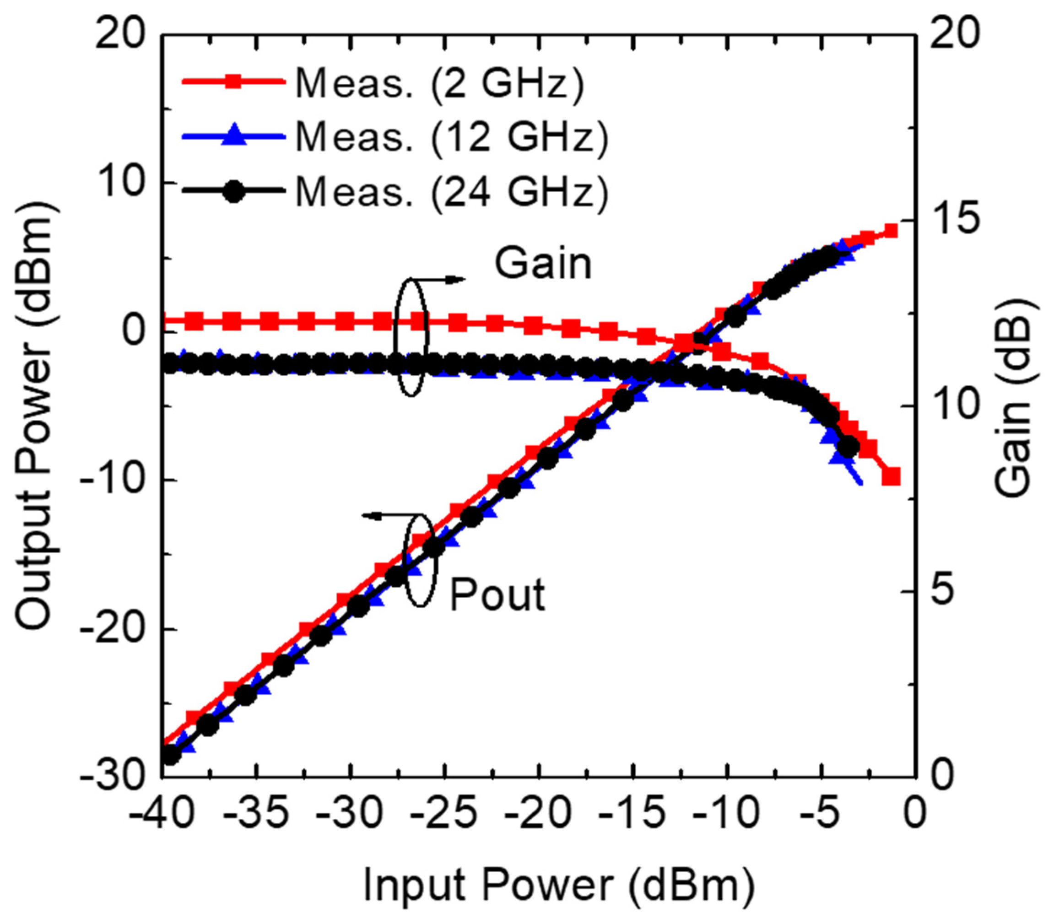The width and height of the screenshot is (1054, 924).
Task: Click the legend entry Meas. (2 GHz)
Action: click(x=438, y=82)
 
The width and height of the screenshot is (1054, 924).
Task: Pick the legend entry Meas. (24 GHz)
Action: click(x=451, y=192)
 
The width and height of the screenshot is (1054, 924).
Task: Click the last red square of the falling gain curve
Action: click(x=891, y=476)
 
